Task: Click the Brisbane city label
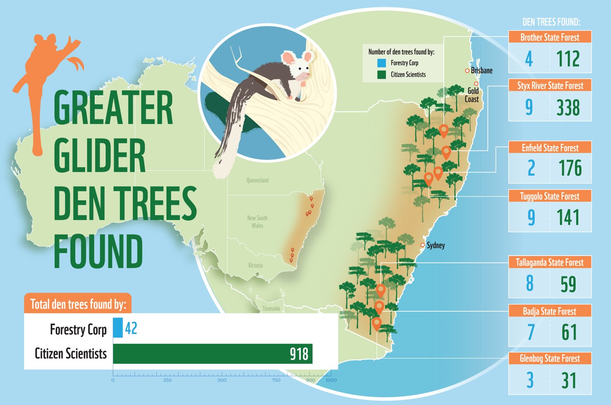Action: [481, 71]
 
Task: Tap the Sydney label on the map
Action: [435, 245]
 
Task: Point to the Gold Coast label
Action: [472, 95]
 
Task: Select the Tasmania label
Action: [271, 308]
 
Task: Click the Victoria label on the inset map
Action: [255, 265]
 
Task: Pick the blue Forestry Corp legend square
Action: [381, 63]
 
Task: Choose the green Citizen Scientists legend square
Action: [381, 75]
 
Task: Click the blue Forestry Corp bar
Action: [118, 328]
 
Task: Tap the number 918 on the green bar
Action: [299, 354]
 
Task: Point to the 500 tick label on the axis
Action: [222, 380]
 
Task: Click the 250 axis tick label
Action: [167, 380]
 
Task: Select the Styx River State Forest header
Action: [550, 85]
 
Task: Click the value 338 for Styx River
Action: [568, 107]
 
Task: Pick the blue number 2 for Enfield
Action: [531, 168]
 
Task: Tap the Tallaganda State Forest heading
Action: [550, 262]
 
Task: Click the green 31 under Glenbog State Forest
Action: [569, 381]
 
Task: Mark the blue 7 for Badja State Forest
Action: [531, 332]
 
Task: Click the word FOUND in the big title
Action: [98, 251]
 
